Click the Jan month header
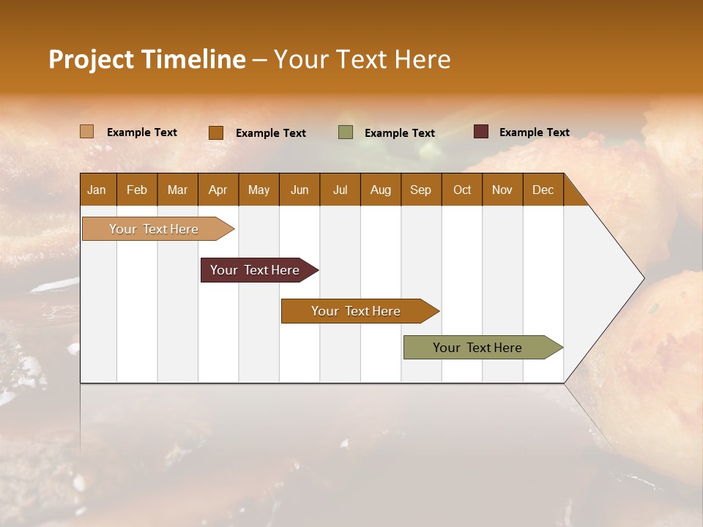[97, 190]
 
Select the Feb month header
[137, 190]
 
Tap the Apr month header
[217, 190]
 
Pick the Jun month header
[300, 190]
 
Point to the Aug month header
[380, 190]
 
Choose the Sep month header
[420, 190]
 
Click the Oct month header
[462, 190]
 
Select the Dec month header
[543, 190]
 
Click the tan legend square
[86, 132]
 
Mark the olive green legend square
[346, 132]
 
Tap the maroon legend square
[480, 132]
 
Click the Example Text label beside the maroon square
[534, 132]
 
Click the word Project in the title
[91, 59]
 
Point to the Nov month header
[502, 190]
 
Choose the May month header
[258, 190]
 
